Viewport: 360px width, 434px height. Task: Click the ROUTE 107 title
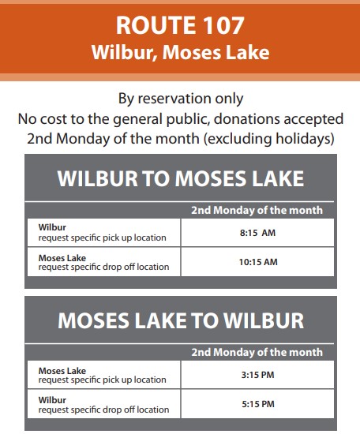[x=180, y=25]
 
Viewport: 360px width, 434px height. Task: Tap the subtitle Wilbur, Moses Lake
[x=180, y=52]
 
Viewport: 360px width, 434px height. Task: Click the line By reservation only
[x=181, y=99]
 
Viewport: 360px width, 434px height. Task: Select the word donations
[x=247, y=119]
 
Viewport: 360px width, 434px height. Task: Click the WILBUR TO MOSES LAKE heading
[x=181, y=178]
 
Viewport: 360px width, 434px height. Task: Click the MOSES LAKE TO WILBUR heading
[x=181, y=320]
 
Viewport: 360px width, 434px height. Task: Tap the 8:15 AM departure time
[x=257, y=233]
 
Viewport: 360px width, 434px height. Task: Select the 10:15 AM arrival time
[x=258, y=262]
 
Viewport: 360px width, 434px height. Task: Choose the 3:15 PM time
[x=257, y=375]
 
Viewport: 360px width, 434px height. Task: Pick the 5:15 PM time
[x=258, y=404]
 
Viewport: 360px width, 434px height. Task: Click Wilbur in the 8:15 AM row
[x=52, y=227]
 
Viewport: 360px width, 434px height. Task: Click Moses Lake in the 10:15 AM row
[x=62, y=258]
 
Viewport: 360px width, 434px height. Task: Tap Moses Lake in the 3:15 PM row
[x=62, y=371]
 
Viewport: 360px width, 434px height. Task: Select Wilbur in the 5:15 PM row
[x=52, y=400]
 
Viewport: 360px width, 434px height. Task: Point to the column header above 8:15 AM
[x=257, y=211]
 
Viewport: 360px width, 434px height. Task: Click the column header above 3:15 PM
[x=257, y=353]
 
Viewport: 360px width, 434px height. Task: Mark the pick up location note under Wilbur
[x=102, y=238]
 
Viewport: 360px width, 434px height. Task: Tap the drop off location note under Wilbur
[x=103, y=410]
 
